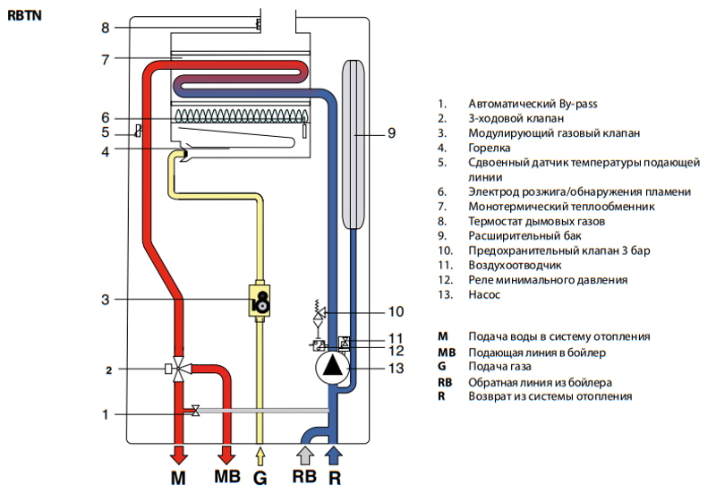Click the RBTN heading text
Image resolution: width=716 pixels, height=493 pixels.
[x=23, y=16]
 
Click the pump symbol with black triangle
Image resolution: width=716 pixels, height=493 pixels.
[x=332, y=364]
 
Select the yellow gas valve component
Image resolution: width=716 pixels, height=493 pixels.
[x=261, y=299]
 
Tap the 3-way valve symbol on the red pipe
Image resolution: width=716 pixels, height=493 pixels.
[x=181, y=368]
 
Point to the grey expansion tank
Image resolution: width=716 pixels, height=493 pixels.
[x=355, y=143]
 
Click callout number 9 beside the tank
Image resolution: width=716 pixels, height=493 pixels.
[x=391, y=133]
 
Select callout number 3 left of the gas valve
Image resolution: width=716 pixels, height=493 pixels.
[x=105, y=300]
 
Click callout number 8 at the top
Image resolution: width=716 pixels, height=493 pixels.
[x=105, y=28]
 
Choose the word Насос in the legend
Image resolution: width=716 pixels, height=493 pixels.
[x=484, y=294]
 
